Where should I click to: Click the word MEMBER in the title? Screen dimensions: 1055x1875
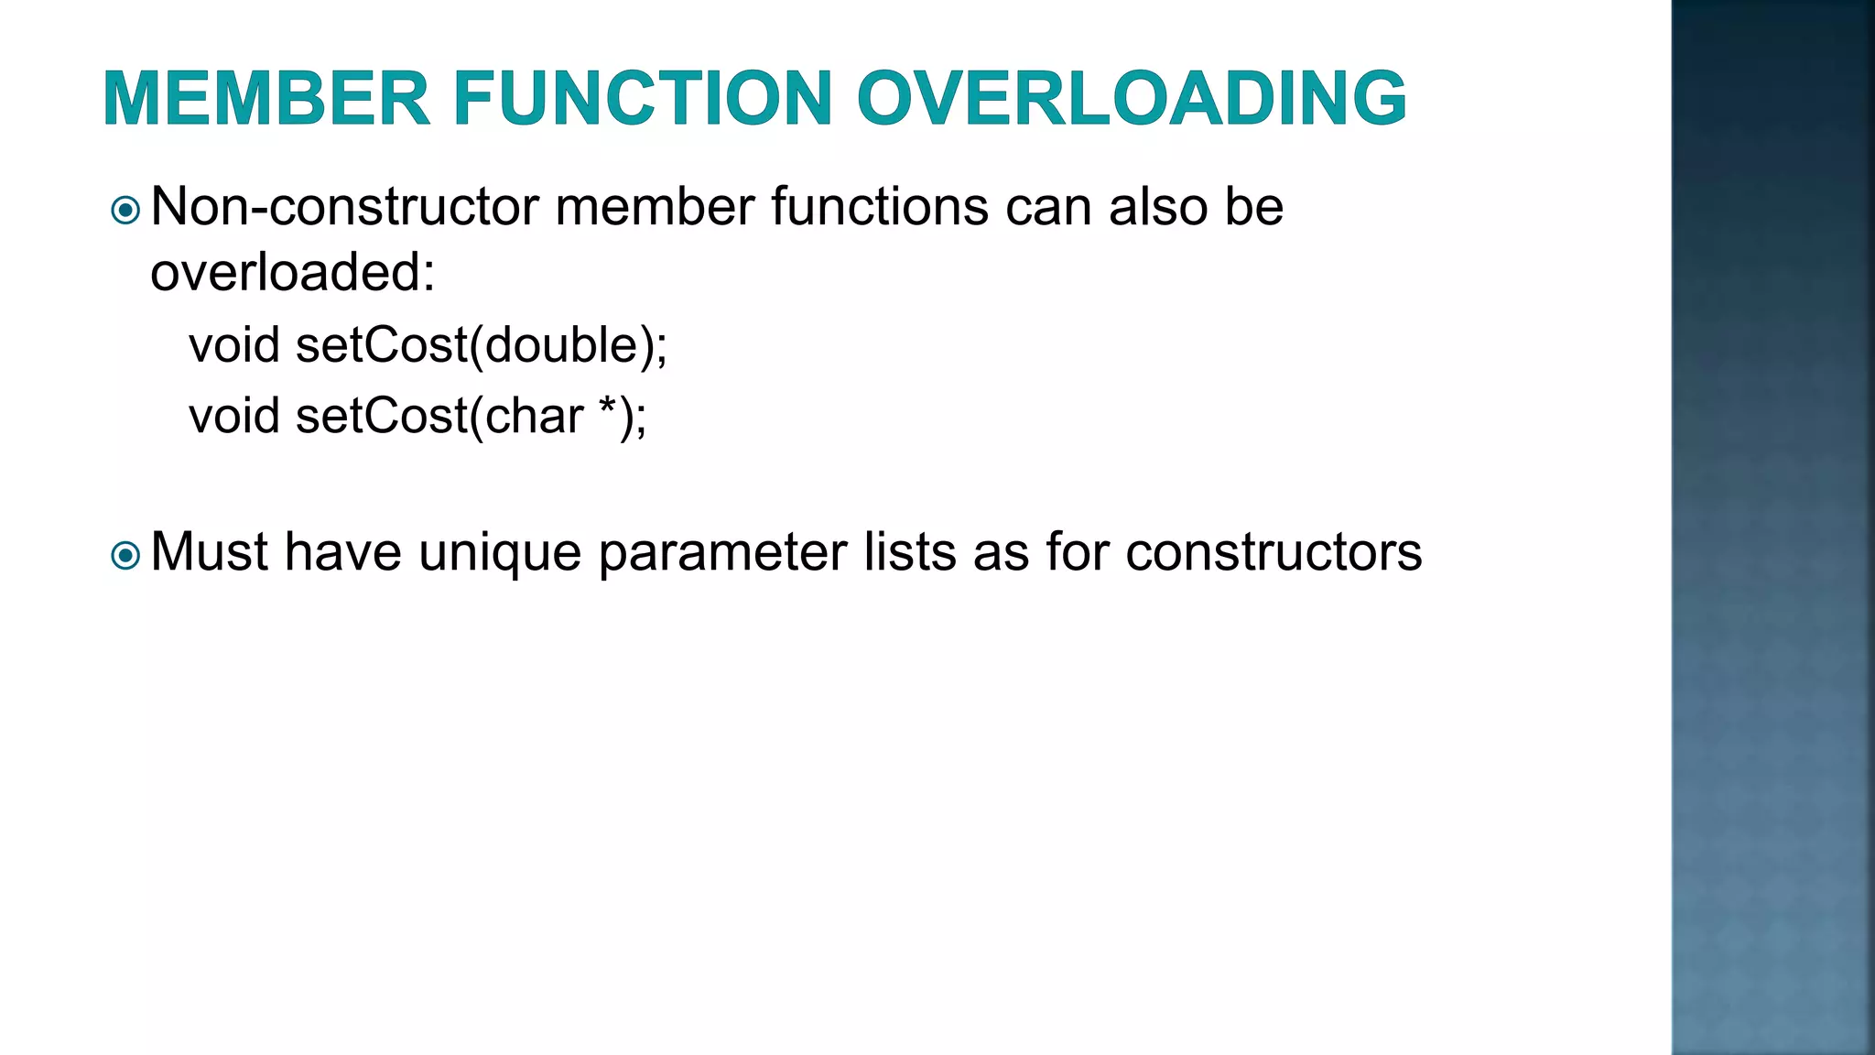point(266,98)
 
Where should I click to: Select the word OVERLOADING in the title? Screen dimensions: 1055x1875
point(1132,98)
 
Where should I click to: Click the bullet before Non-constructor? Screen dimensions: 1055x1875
point(125,212)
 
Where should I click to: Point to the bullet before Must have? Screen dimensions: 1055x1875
point(125,556)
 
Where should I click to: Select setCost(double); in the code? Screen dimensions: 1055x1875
point(482,346)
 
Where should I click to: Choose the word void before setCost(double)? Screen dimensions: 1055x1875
point(234,346)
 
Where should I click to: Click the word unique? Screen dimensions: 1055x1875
point(500,553)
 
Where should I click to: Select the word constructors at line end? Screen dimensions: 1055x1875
point(1273,552)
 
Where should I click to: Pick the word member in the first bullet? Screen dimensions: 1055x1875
point(655,207)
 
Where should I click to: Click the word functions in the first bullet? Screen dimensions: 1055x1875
point(880,207)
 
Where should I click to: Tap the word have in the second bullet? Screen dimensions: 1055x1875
point(343,552)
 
